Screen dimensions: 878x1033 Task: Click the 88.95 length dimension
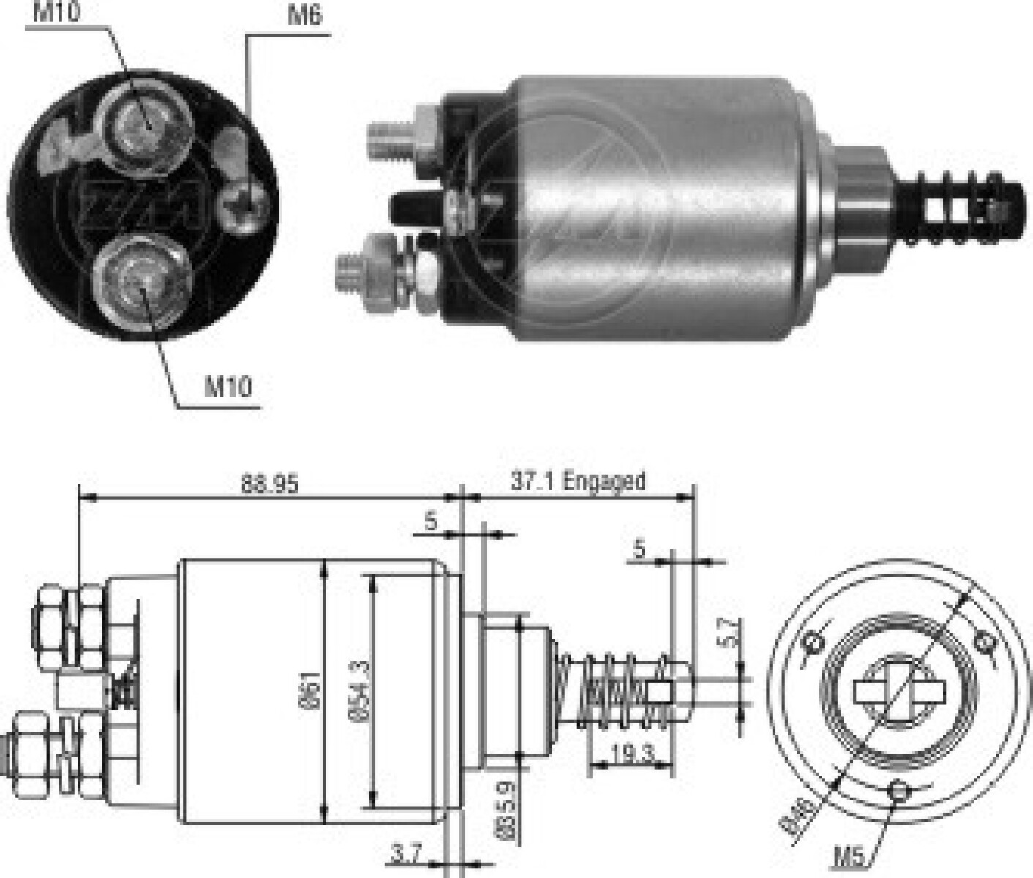(x=270, y=484)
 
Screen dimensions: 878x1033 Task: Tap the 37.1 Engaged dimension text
(x=578, y=481)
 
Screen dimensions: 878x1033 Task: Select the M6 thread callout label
(x=304, y=15)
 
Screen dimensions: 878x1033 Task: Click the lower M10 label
(x=228, y=386)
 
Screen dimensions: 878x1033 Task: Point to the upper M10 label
(x=56, y=12)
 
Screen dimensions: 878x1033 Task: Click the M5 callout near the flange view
(x=849, y=855)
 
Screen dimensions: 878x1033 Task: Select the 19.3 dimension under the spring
(x=632, y=754)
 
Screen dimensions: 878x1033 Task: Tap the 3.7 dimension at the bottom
(x=407, y=853)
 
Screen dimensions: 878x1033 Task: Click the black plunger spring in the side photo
(x=958, y=207)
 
